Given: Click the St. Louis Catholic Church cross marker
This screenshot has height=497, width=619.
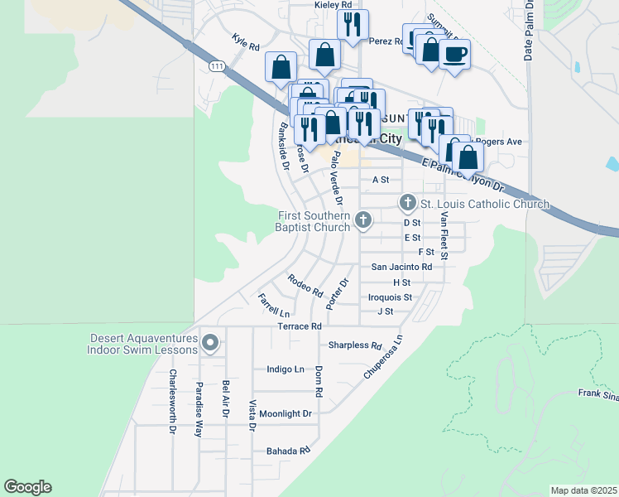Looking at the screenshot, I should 407,202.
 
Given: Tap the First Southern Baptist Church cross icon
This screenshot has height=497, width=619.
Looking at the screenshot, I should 362,220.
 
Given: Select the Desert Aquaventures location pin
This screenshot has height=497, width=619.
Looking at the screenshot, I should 210,342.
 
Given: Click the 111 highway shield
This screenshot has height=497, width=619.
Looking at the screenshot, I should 216,66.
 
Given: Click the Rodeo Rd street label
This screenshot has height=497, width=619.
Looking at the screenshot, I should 305,285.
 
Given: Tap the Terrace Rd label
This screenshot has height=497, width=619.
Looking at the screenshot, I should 299,327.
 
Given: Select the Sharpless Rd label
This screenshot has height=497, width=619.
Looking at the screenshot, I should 354,345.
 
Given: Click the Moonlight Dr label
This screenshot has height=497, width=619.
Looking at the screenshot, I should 286,413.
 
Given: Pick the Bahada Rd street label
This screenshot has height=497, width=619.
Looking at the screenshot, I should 287,451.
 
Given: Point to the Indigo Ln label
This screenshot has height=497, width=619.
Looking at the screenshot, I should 286,369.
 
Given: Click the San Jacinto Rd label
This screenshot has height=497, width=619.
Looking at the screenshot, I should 401,267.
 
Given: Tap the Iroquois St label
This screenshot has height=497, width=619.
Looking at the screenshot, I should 390,297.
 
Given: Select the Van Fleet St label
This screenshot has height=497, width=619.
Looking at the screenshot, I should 444,235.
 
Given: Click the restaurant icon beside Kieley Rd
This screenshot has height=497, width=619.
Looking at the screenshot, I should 353,25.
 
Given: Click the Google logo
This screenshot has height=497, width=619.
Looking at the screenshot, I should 27,487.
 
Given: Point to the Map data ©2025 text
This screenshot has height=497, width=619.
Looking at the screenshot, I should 583,490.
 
